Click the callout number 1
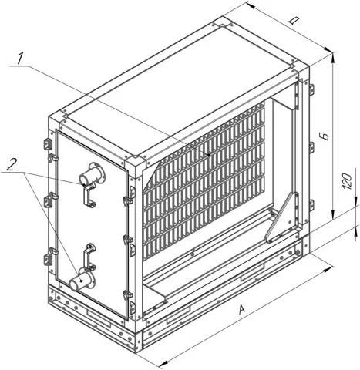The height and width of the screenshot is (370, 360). (x=20, y=59)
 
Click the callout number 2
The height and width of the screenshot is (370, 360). (x=12, y=165)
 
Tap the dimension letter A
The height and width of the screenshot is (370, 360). (x=242, y=309)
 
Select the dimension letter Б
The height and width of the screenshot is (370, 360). (x=326, y=136)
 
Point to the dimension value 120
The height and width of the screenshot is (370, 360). (x=347, y=181)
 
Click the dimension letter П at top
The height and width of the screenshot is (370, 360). (x=293, y=21)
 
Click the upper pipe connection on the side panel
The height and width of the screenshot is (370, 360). (x=92, y=174)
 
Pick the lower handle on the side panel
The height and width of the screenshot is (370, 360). (x=89, y=256)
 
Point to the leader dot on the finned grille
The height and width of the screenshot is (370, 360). (x=209, y=155)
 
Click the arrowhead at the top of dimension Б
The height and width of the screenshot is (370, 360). (x=333, y=57)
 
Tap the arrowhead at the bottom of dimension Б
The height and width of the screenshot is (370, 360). (x=333, y=214)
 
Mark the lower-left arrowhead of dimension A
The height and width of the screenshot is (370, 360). (x=163, y=364)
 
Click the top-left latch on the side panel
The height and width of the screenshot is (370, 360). (x=48, y=144)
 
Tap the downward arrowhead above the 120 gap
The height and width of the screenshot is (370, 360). (x=357, y=200)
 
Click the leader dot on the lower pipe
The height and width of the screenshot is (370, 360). (x=82, y=281)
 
